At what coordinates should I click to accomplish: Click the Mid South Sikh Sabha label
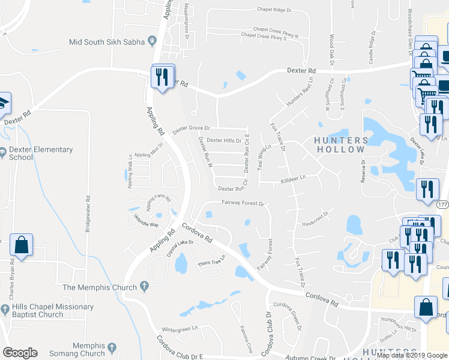[107, 42]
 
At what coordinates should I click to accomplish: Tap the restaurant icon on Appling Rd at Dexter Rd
[162, 77]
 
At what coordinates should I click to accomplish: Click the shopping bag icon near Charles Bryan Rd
[22, 245]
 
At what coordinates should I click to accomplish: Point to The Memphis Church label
[100, 287]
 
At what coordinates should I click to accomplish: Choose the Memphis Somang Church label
[80, 350]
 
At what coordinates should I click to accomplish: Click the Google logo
[20, 353]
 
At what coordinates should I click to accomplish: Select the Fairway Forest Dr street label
[243, 203]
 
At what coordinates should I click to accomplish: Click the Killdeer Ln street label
[293, 178]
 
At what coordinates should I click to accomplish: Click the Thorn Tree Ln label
[210, 261]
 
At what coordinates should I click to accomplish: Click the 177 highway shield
[442, 205]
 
